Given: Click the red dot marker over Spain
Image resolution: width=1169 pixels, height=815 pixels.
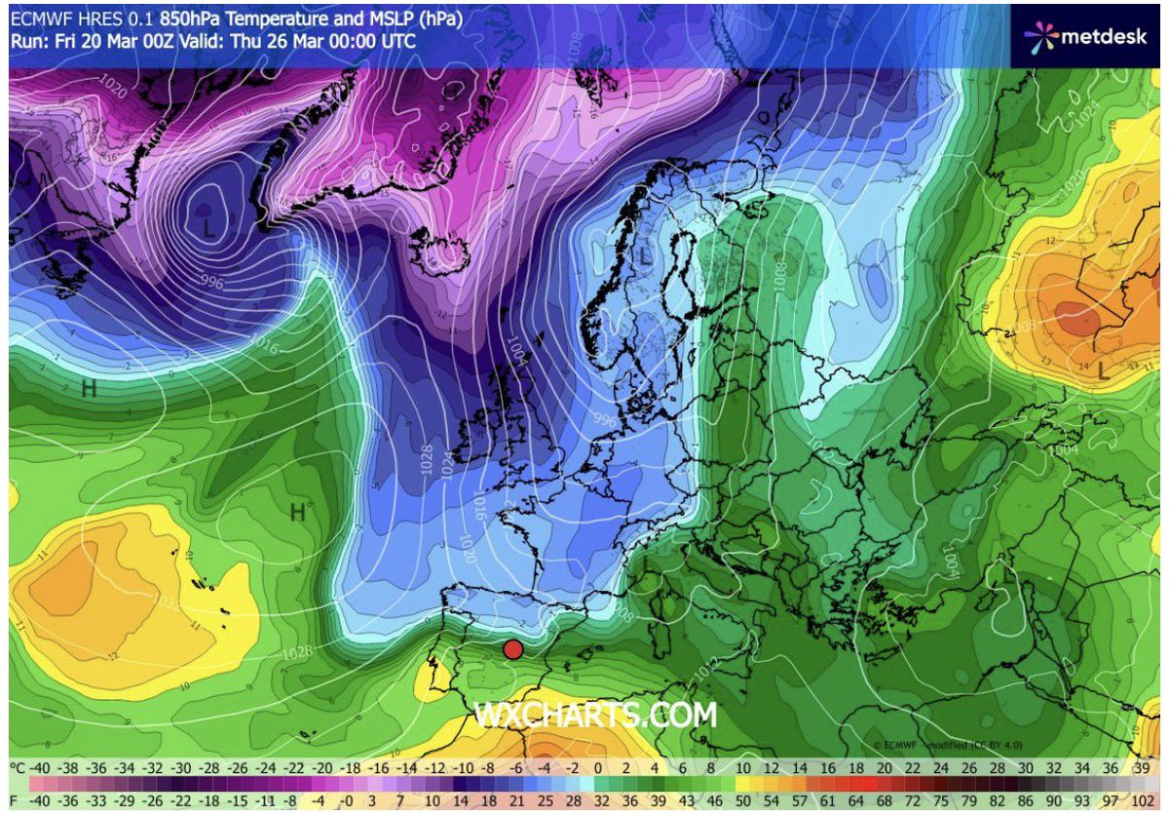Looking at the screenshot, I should tap(512, 649).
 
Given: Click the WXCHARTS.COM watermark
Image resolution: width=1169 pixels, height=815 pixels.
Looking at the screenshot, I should tap(595, 716).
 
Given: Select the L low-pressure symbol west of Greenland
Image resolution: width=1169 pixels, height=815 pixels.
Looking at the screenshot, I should tap(208, 230).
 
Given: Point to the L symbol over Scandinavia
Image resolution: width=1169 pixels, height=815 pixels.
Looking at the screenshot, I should tap(644, 257).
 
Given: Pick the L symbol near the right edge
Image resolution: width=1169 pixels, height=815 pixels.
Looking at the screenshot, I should tap(1103, 371).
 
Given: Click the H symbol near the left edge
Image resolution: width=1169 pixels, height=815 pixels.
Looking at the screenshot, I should tap(89, 389).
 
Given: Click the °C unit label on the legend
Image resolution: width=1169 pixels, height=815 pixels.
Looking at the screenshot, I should tap(18, 769).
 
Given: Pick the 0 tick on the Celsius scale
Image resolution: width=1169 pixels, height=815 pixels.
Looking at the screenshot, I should tap(597, 769).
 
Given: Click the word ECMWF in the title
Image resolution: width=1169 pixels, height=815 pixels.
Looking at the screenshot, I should tap(37, 18).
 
